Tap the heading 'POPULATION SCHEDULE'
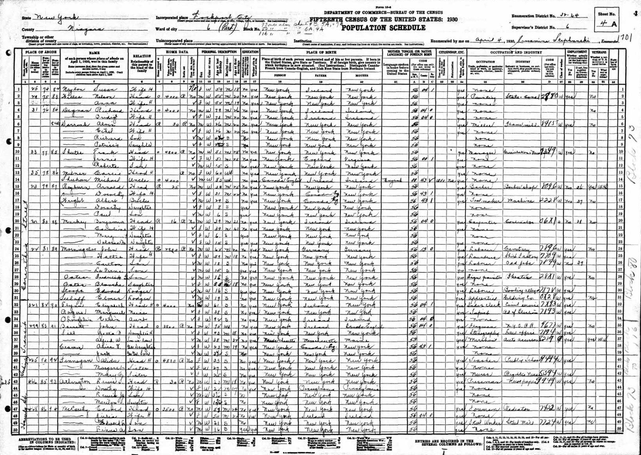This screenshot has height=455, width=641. click(383, 28)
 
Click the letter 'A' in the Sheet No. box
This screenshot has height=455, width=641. click(614, 24)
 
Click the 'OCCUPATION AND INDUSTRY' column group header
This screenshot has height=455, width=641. click(516, 52)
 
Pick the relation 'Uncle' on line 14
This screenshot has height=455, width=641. click(138, 179)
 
